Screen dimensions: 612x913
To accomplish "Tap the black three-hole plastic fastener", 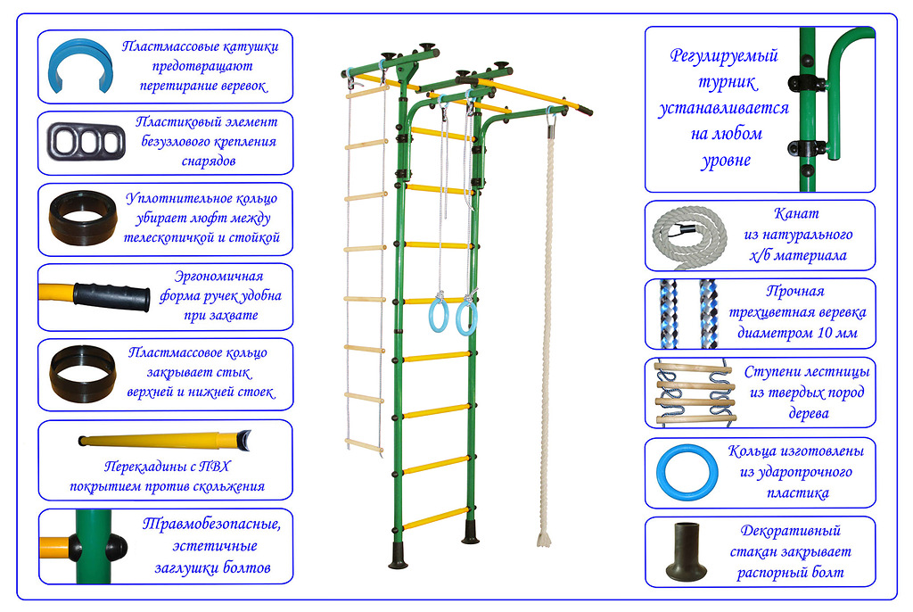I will click(84, 141).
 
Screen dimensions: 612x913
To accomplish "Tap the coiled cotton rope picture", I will click(692, 237).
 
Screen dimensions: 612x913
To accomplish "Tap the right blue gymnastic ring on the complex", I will click(466, 316).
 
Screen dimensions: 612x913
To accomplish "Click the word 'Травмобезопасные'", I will click(211, 524).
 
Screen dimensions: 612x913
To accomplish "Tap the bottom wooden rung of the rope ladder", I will click(365, 443).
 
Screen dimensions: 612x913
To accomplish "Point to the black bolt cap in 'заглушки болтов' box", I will click(119, 546).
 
